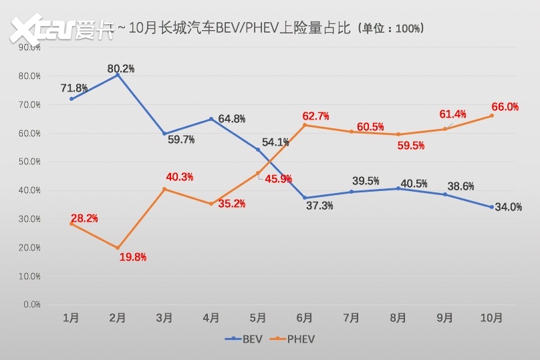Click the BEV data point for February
[118, 75]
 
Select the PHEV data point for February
[118, 248]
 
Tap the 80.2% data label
[121, 68]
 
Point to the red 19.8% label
[132, 257]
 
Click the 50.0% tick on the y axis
[30, 162]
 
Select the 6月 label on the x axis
[305, 319]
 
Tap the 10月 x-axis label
[491, 319]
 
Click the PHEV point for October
[492, 116]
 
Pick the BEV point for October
[492, 207]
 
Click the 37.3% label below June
[319, 206]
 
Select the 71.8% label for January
[74, 88]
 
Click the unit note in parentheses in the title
[390, 29]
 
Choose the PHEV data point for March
[164, 189]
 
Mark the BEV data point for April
[211, 119]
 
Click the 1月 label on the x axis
[71, 319]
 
